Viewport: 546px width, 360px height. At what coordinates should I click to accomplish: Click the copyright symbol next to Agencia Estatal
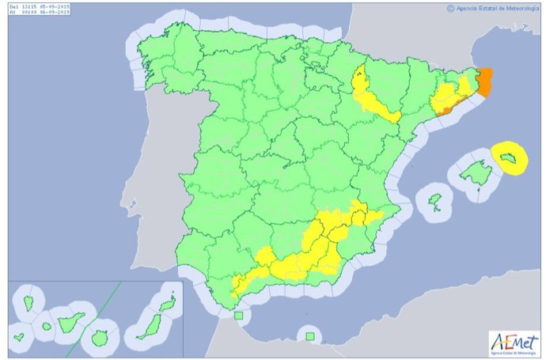450,9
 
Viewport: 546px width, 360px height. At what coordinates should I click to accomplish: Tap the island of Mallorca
474,172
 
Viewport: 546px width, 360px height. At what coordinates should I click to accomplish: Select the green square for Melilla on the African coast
310,337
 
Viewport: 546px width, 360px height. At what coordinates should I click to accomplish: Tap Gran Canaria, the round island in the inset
100,338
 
